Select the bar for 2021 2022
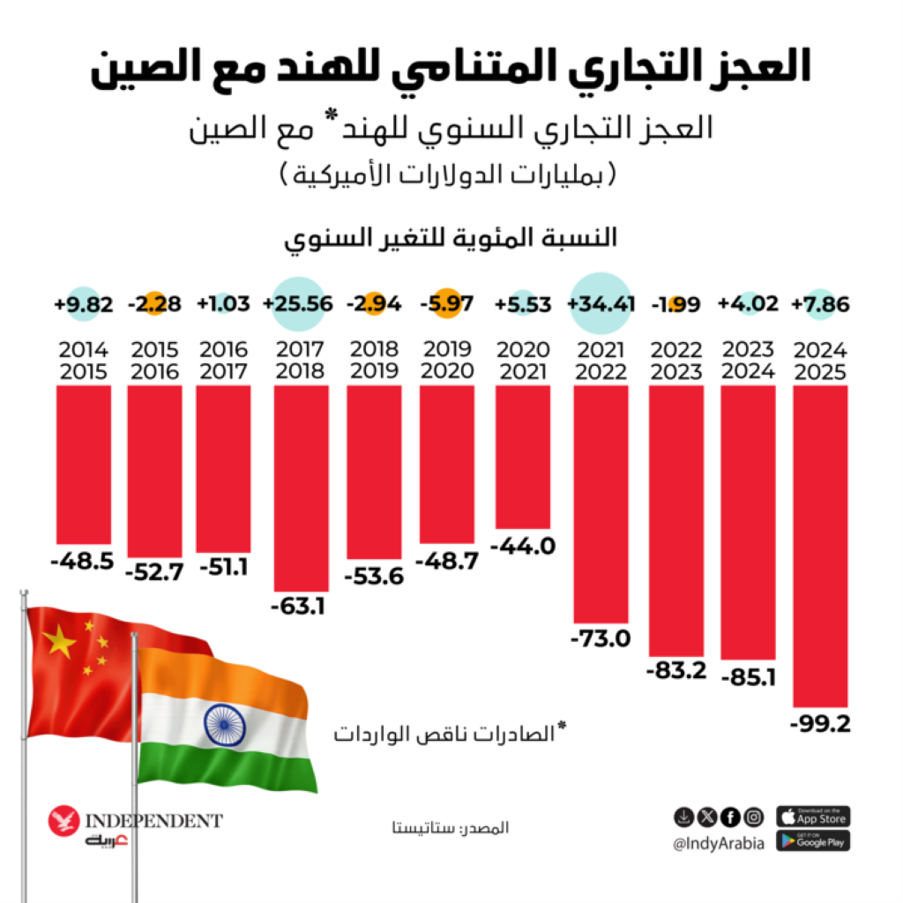(x=601, y=504)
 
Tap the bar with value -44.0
(x=523, y=458)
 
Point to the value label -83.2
(x=676, y=670)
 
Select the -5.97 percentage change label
(x=447, y=305)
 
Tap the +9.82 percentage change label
(x=83, y=305)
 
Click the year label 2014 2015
(x=83, y=360)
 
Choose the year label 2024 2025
(x=820, y=360)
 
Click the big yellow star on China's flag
(x=60, y=643)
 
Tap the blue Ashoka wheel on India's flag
(x=224, y=723)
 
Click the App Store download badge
(x=813, y=816)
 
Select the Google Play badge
(x=813, y=841)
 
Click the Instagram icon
(x=753, y=816)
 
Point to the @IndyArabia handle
(x=719, y=844)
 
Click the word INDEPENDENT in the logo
(x=153, y=821)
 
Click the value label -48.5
(x=83, y=561)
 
